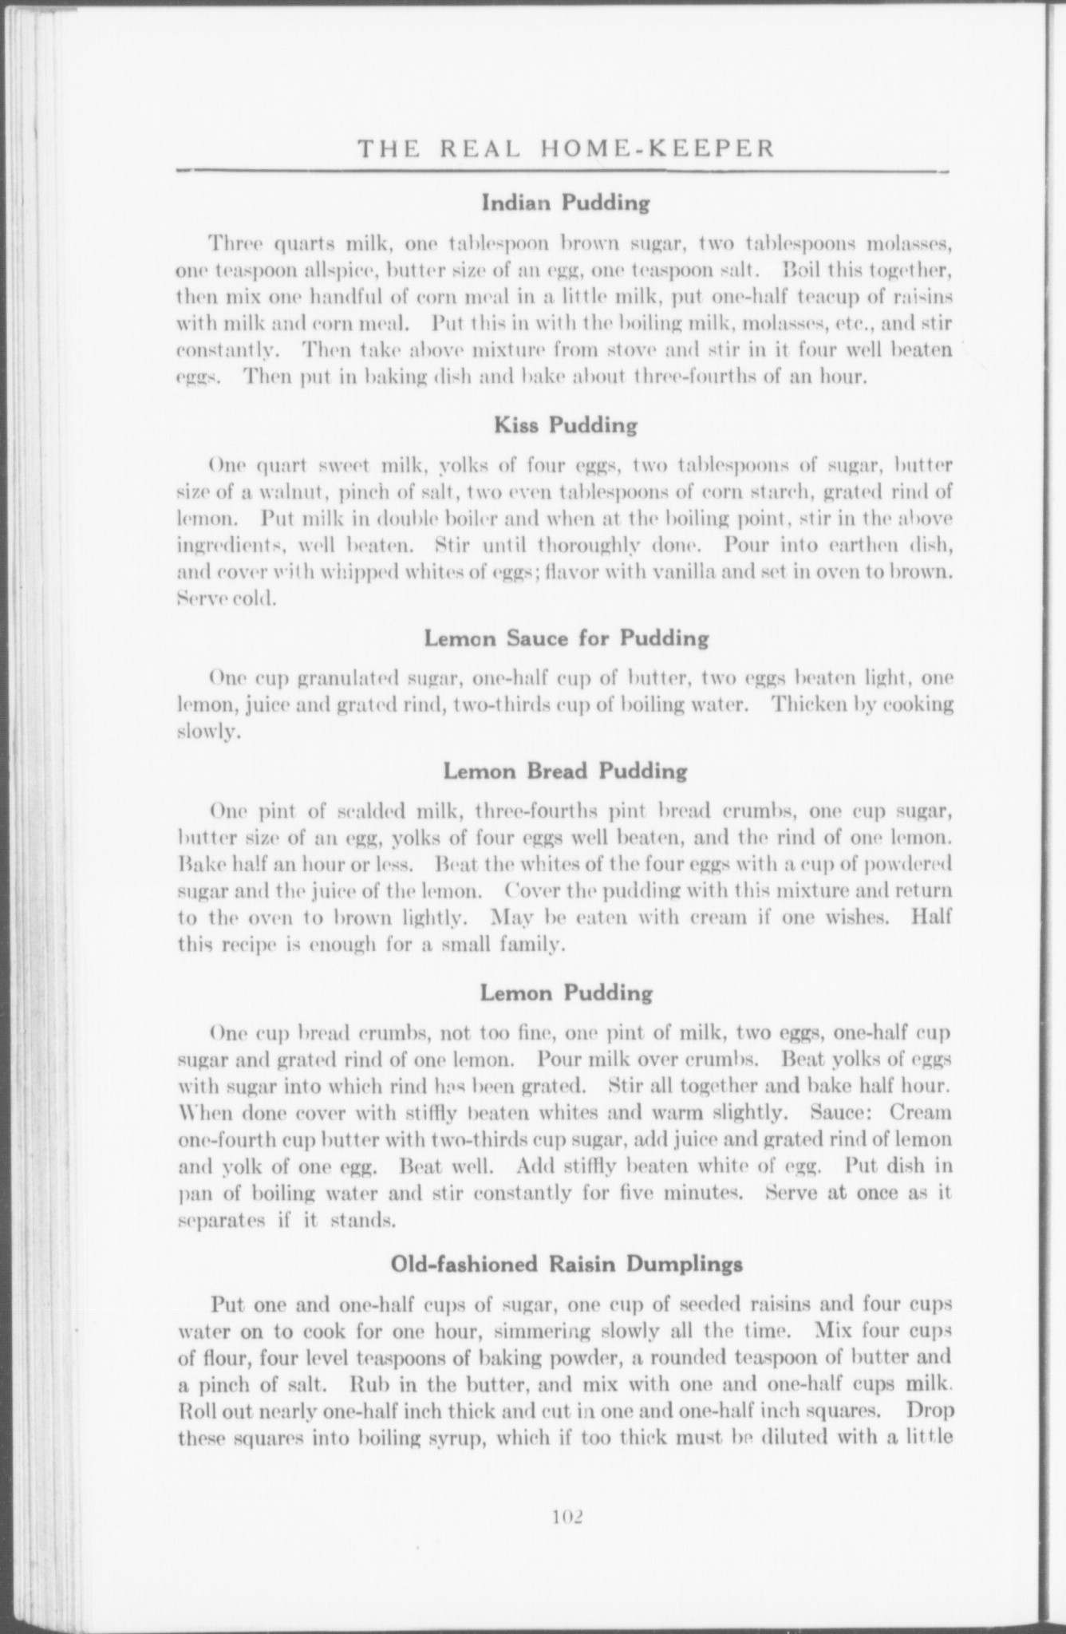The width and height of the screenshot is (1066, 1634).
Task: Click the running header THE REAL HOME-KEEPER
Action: pos(566,148)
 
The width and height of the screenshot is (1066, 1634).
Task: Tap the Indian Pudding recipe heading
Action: pos(566,203)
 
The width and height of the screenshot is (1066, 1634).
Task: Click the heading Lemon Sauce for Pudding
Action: pos(566,638)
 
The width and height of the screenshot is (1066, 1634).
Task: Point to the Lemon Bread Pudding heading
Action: pos(565,772)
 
